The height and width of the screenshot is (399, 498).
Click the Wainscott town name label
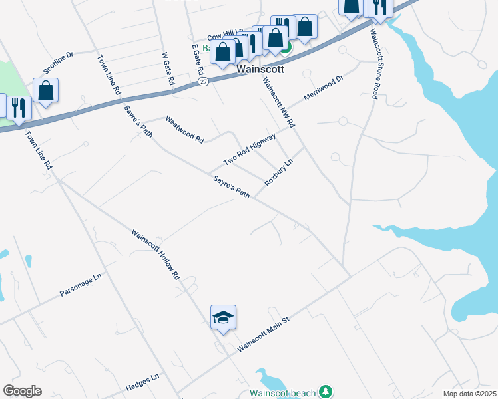point(260,68)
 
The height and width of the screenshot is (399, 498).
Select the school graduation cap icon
point(223,317)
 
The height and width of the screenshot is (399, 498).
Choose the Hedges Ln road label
point(142,382)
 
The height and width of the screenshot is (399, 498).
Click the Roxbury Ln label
point(278,172)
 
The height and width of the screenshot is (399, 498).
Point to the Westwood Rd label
point(184,130)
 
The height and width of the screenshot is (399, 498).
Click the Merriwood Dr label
point(323,88)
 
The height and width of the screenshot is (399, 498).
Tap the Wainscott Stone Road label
point(374,64)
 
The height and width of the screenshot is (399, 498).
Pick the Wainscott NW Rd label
point(278,102)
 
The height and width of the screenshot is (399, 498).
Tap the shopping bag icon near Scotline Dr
point(45,91)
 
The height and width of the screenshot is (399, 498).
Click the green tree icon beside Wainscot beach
point(326,392)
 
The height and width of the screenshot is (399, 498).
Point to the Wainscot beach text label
point(282,392)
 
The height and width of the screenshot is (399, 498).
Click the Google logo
point(22,391)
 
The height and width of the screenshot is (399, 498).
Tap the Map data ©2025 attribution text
point(469,394)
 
